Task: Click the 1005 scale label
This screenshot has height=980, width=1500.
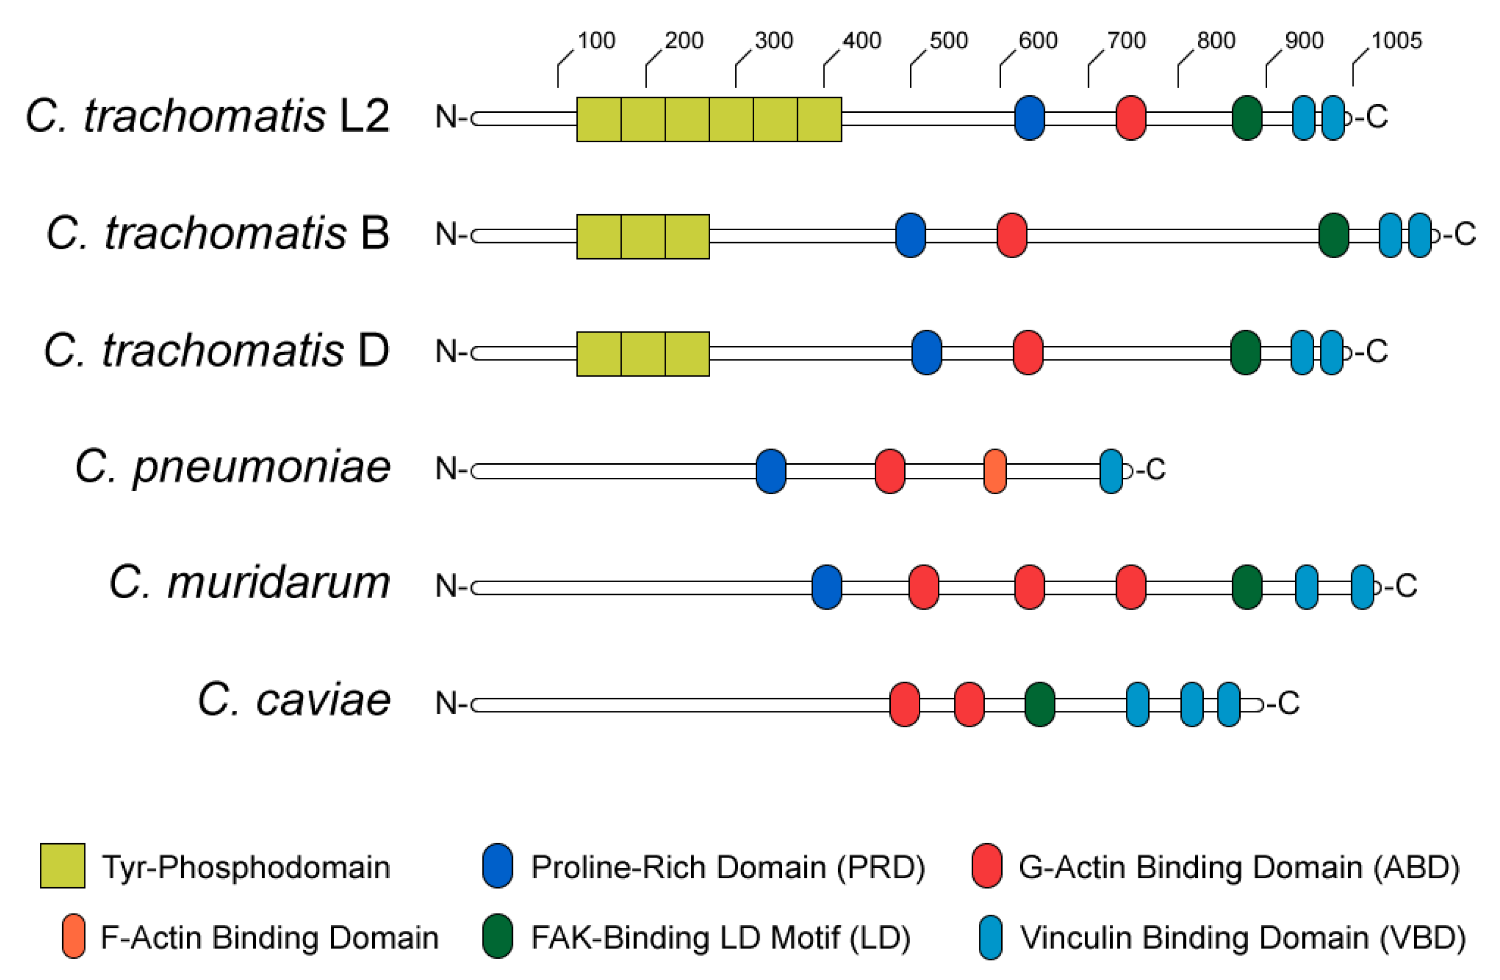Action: point(1396,41)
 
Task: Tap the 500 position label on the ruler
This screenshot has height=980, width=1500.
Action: point(949,41)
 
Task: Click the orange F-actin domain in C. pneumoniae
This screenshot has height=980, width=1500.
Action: point(995,471)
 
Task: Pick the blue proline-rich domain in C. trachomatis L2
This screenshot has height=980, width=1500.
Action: point(1029,118)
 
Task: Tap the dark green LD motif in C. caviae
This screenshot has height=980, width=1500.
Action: point(1039,704)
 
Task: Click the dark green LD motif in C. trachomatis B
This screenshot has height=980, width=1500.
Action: point(1334,235)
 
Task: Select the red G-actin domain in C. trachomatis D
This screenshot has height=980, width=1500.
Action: point(1028,352)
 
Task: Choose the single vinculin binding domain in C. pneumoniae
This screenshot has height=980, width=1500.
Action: point(1111,471)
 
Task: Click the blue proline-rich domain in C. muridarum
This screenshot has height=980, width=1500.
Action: point(826,587)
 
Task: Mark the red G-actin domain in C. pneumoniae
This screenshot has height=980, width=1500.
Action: point(890,471)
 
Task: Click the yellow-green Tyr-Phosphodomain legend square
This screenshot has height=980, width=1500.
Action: point(63,866)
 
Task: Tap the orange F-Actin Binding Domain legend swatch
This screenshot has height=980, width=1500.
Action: point(74,936)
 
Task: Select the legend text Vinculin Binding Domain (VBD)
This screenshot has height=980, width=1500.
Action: point(1242,938)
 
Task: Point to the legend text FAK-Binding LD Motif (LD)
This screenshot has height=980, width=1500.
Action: point(721,938)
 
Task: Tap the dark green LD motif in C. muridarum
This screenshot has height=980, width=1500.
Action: point(1247,587)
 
